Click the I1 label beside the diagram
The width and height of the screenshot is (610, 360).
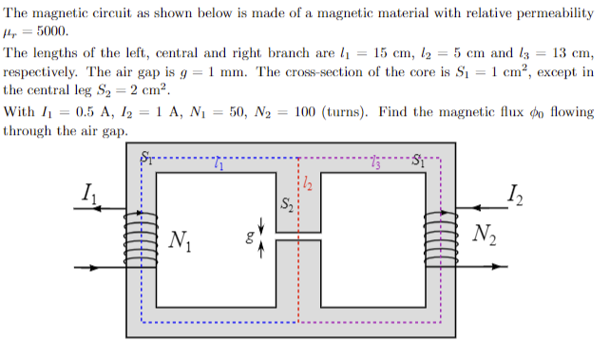click(87, 196)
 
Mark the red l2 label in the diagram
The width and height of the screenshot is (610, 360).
click(305, 184)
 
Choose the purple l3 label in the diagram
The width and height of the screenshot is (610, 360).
click(378, 166)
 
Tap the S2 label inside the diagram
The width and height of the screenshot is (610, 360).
click(285, 204)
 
